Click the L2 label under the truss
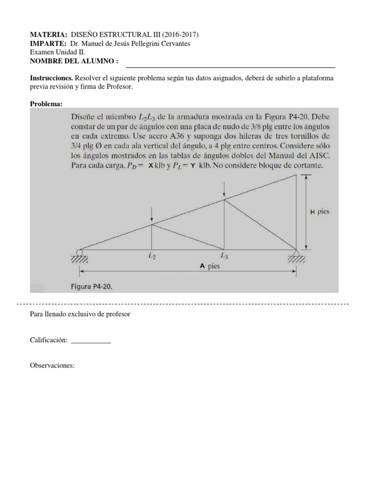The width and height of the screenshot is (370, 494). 152,257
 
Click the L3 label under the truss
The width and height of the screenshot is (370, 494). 225,256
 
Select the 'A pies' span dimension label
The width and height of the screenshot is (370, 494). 210,265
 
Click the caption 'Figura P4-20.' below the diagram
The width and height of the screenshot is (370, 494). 92,286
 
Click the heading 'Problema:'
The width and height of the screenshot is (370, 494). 46,104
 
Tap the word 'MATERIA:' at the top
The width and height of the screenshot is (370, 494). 48,35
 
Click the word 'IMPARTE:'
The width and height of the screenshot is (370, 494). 47,44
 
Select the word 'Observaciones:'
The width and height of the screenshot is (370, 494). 52,366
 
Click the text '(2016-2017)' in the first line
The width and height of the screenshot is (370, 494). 180,35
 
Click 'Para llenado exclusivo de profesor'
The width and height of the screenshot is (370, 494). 80,315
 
